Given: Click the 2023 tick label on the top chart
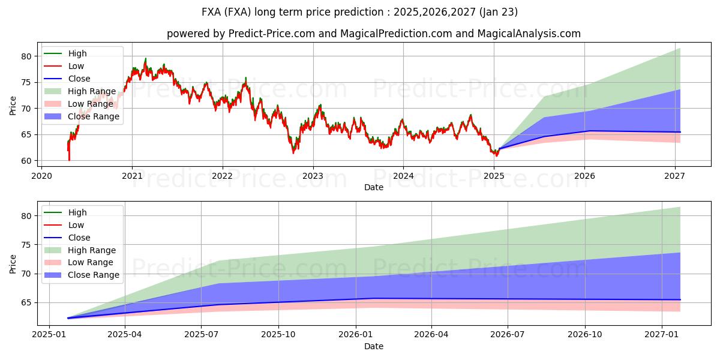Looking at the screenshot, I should tap(313, 176).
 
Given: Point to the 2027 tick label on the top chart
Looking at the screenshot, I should tap(675, 176).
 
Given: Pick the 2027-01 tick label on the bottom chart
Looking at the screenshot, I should tap(661, 335).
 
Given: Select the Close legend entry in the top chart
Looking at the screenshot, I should tap(79, 79).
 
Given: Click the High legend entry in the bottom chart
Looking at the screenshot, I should tap(77, 212).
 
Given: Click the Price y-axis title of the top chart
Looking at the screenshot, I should tap(13, 105).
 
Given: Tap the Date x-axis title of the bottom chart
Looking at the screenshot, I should tap(373, 346).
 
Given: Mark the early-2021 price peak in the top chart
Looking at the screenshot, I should tap(145, 59).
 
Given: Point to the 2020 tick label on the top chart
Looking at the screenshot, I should tap(41, 176).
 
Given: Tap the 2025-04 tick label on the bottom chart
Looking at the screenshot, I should tap(125, 335).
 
